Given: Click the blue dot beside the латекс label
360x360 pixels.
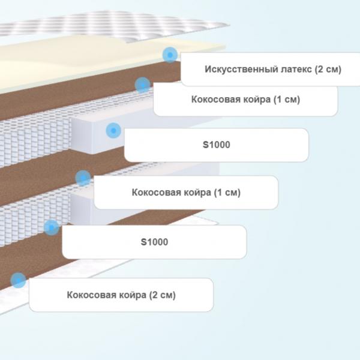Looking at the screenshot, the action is click(x=170, y=55).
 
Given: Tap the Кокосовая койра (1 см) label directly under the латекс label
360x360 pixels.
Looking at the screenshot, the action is click(x=245, y=100).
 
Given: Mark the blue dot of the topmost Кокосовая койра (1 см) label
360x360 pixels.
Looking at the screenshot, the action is click(x=143, y=85).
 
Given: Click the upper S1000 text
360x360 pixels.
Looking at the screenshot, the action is click(x=217, y=145).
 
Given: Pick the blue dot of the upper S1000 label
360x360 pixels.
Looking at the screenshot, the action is click(x=113, y=131).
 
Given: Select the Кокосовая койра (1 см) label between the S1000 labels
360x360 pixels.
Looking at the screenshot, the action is click(x=186, y=193).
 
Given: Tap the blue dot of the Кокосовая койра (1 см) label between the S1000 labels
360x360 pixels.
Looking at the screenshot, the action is click(x=83, y=178).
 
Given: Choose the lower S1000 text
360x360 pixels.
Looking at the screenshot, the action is click(x=154, y=242).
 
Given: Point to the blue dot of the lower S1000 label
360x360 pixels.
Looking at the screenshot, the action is click(x=52, y=227).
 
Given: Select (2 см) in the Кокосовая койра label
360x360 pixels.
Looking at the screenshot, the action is click(x=163, y=295).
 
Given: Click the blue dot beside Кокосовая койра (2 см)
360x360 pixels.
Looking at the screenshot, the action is click(x=18, y=280).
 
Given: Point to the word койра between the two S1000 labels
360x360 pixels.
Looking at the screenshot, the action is click(x=196, y=193).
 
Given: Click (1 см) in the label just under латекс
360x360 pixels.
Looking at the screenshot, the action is click(x=287, y=100).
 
